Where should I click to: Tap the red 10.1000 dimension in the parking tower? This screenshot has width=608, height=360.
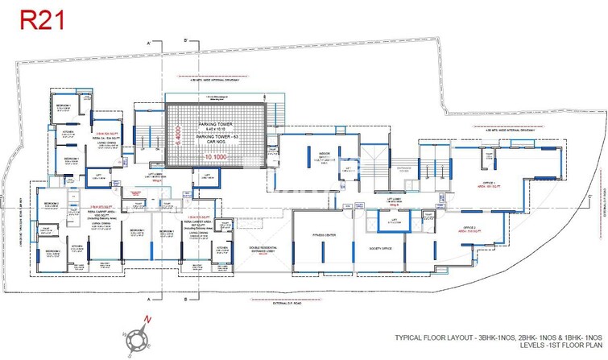coord(213,157)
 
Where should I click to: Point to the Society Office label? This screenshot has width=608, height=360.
coord(373,249)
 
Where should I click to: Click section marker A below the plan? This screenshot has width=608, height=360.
coord(148,300)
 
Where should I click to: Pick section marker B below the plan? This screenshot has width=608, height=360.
coord(185,300)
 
